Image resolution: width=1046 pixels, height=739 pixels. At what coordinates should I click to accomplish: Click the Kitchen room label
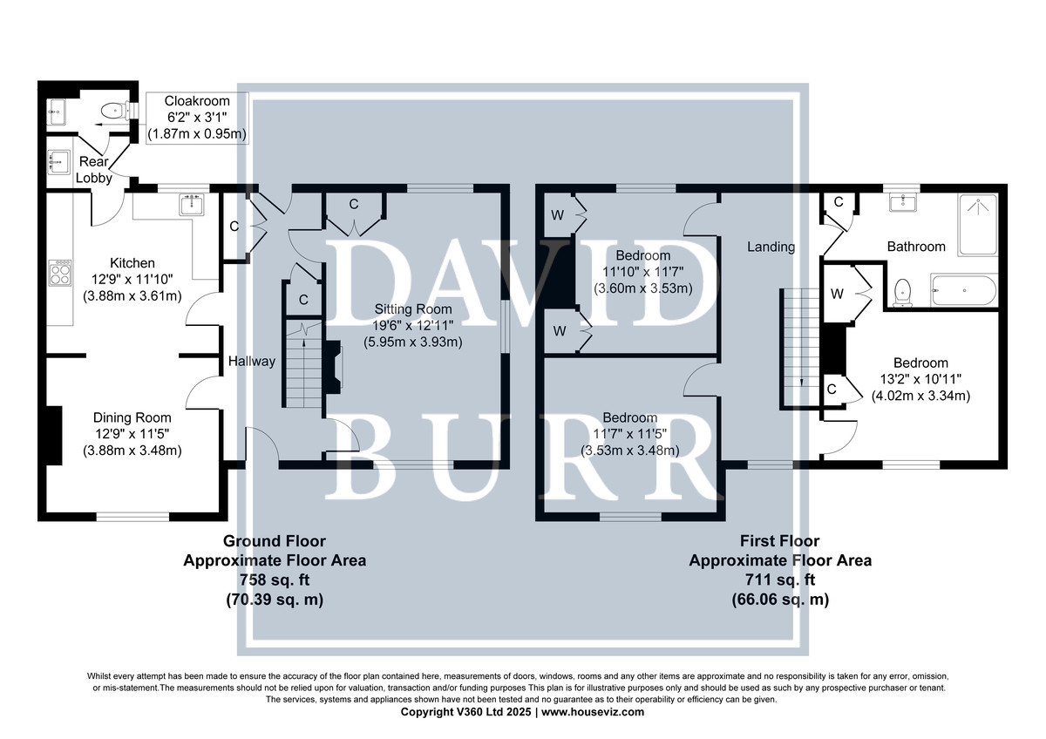click(132, 263)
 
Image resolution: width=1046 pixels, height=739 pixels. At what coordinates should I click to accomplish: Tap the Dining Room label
click(132, 417)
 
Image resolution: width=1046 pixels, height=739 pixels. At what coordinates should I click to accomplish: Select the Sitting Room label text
click(413, 309)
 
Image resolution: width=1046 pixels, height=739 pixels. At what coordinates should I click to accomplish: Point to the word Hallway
click(252, 361)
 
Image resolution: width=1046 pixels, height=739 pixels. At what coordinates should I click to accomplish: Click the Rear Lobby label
click(94, 170)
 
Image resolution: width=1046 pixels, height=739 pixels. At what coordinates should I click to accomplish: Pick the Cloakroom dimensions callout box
click(197, 118)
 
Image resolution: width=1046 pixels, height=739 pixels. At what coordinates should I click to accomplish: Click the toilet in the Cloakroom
click(115, 111)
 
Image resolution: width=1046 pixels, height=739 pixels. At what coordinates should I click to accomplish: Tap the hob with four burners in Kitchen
click(60, 273)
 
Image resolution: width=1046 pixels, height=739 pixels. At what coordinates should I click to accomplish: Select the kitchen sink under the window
click(192, 204)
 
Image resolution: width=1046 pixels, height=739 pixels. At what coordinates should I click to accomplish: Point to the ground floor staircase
click(303, 365)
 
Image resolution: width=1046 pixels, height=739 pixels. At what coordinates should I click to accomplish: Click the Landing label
click(771, 247)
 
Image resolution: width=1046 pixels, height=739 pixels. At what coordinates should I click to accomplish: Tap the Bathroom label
click(916, 247)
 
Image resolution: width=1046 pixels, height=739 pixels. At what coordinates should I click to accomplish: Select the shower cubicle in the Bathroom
click(978, 225)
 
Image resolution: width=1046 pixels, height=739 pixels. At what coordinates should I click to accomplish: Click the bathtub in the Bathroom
click(964, 291)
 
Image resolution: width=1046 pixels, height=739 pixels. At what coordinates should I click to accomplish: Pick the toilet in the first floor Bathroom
click(903, 293)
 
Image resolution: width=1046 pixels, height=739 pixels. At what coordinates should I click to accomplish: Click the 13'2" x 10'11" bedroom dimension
click(920, 379)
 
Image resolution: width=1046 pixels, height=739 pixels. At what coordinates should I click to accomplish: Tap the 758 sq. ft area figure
click(275, 580)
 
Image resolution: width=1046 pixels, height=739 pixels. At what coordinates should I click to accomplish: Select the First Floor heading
click(780, 541)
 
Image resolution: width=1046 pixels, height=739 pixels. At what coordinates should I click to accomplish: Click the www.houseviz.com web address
click(593, 712)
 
